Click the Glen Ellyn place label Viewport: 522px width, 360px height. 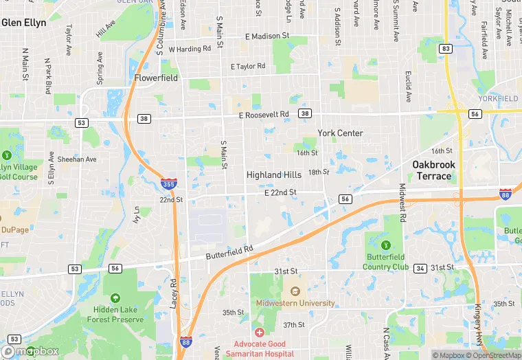pyautogui.click(x=24, y=23)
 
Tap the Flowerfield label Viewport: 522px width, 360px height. pyautogui.click(x=156, y=78)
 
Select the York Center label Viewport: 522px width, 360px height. pyautogui.click(x=340, y=133)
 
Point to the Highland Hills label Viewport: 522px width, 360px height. pyautogui.click(x=274, y=175)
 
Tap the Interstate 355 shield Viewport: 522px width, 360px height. pyautogui.click(x=168, y=183)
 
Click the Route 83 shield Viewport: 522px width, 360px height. pyautogui.click(x=446, y=49)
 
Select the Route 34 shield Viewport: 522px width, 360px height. pyautogui.click(x=420, y=268)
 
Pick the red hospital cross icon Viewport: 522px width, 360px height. pyautogui.click(x=259, y=333)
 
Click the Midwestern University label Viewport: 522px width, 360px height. pyautogui.click(x=295, y=303)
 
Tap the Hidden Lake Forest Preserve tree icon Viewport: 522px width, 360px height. pyautogui.click(x=115, y=297)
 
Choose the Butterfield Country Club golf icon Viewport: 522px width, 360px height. pyautogui.click(x=385, y=245)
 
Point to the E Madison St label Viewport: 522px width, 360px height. pyautogui.click(x=267, y=36)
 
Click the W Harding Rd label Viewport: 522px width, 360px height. pyautogui.click(x=189, y=49)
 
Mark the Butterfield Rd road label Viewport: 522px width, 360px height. pyautogui.click(x=229, y=252)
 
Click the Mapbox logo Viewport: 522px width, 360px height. pyautogui.click(x=31, y=351)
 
